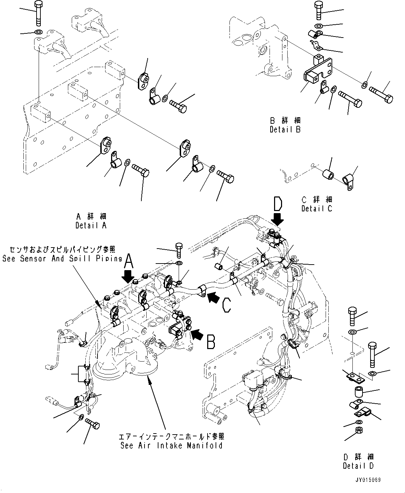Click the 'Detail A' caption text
[x=91, y=225]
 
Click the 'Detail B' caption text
[x=285, y=129]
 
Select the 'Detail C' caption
[x=317, y=208]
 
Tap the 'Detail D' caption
[x=358, y=466]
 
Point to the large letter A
[x=128, y=260]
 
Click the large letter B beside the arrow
[x=211, y=341]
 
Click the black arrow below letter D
[x=278, y=220]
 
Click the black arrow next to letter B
[x=196, y=334]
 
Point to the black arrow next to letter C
[x=213, y=297]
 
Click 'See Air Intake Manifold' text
[x=171, y=445]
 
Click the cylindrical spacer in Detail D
[x=359, y=392]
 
